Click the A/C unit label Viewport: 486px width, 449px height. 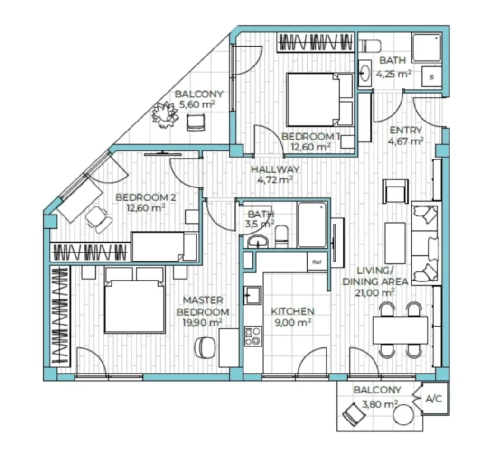pyautogui.click(x=434, y=399)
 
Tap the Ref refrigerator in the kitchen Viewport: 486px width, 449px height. pyautogui.click(x=317, y=262)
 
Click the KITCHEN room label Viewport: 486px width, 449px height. pyautogui.click(x=292, y=311)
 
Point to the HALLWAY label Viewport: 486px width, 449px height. pyautogui.click(x=275, y=169)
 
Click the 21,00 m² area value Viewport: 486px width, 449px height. pyautogui.click(x=375, y=292)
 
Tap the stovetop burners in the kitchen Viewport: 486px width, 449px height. pyautogui.click(x=252, y=337)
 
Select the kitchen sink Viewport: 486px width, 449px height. pyautogui.click(x=252, y=295)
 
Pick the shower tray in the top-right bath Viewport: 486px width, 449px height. pyautogui.click(x=427, y=48)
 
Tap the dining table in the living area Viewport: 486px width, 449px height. pyautogui.click(x=400, y=330)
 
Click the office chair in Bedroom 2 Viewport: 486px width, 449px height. pyautogui.click(x=99, y=219)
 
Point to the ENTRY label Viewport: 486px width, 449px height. pyautogui.click(x=406, y=130)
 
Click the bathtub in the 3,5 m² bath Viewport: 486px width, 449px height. pyautogui.click(x=312, y=224)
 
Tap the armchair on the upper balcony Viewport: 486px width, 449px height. pyautogui.click(x=196, y=122)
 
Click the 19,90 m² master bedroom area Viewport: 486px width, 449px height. pyautogui.click(x=202, y=323)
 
